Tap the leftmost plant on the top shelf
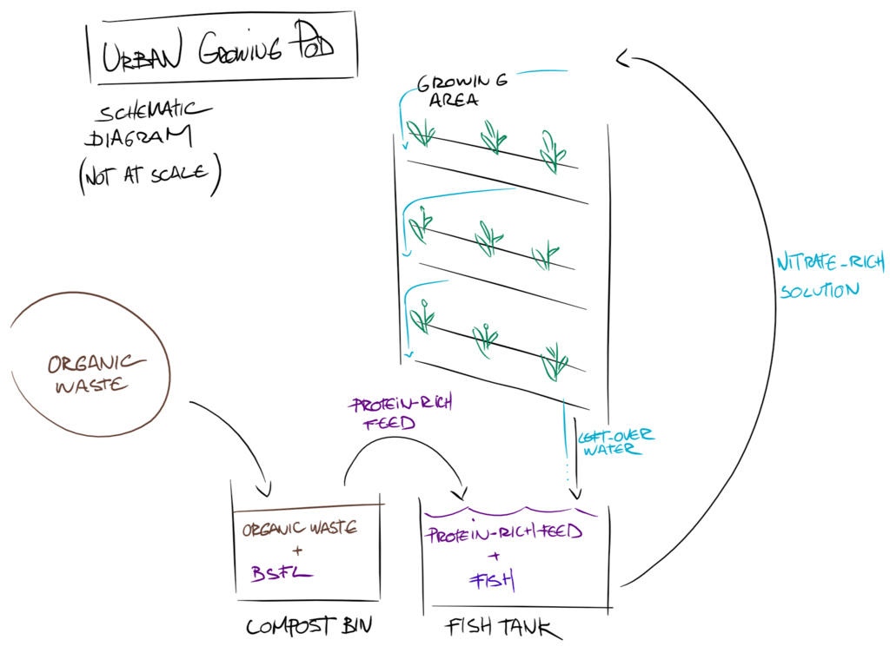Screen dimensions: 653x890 point(422,133)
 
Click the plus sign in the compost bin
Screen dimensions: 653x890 point(297,551)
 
